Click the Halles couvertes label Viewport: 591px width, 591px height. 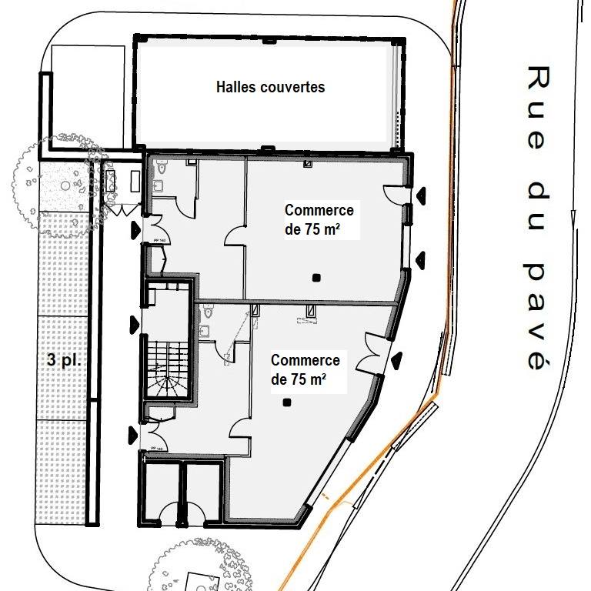[x=269, y=87]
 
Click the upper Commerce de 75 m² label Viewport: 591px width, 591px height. [x=319, y=219]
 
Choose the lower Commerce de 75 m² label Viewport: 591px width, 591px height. [x=306, y=369]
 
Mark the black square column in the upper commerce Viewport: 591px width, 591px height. [x=316, y=277]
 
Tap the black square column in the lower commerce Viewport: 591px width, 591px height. [x=286, y=402]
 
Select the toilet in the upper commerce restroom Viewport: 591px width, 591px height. [x=162, y=166]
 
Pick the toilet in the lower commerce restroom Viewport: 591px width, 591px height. [x=208, y=312]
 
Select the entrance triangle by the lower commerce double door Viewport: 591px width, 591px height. [x=397, y=359]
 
